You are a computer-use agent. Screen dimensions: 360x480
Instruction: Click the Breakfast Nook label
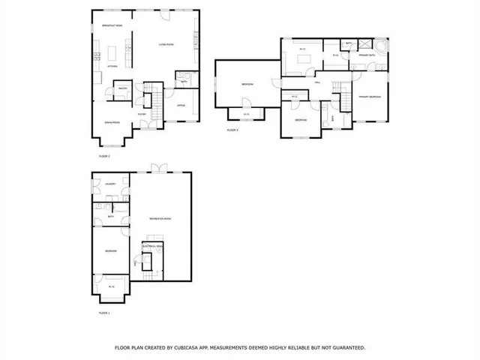(x=112, y=26)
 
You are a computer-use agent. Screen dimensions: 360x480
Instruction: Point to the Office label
(x=181, y=105)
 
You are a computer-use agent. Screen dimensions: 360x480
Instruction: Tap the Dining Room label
(x=112, y=121)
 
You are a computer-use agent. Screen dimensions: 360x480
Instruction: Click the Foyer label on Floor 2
(x=141, y=115)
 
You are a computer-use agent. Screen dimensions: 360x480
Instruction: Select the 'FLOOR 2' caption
(x=104, y=156)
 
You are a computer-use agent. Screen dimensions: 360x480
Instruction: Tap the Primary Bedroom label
(x=369, y=97)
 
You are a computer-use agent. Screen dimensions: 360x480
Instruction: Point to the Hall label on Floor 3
(x=318, y=82)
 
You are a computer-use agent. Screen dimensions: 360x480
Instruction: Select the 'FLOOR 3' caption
(x=232, y=130)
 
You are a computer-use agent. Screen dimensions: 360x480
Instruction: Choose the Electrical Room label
(x=152, y=246)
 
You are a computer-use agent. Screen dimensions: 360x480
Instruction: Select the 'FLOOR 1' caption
(x=104, y=312)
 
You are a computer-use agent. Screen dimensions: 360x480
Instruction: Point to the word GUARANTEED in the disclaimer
(x=344, y=348)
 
